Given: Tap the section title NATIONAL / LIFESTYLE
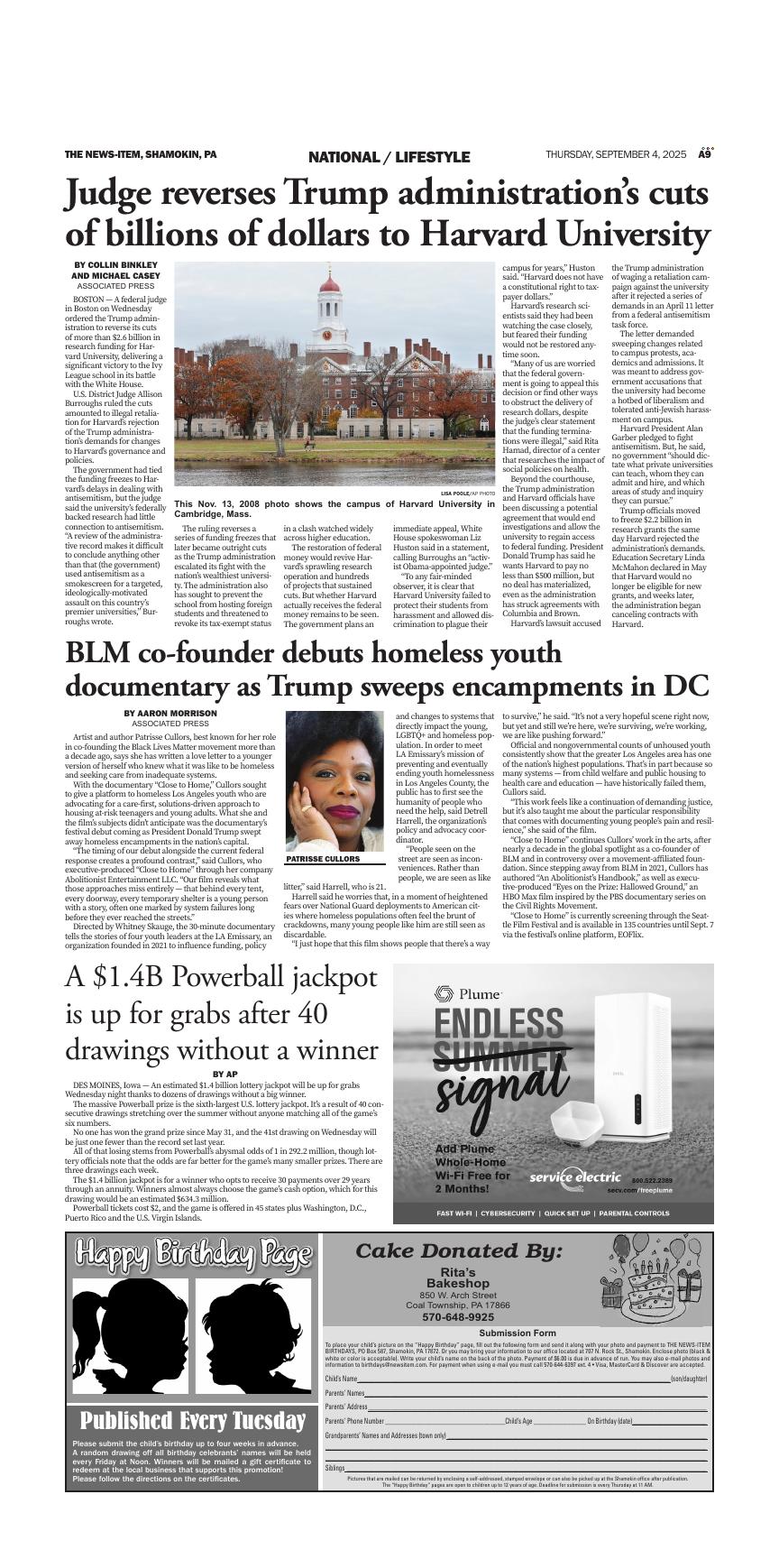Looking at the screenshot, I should [x=389, y=157].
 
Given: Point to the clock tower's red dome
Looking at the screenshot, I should [x=330, y=285].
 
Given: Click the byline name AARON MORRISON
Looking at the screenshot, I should [x=170, y=713].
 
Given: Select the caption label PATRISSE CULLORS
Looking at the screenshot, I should [x=323, y=859].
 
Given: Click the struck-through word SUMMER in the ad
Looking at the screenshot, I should [x=500, y=1057].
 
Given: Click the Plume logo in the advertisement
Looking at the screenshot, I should [x=467, y=994].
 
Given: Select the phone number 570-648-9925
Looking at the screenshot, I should [x=458, y=1317].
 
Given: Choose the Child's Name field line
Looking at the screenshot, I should [x=514, y=1379].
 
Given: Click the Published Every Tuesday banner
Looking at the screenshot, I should [x=193, y=1421].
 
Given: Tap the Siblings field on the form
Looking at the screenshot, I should [x=514, y=1468].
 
